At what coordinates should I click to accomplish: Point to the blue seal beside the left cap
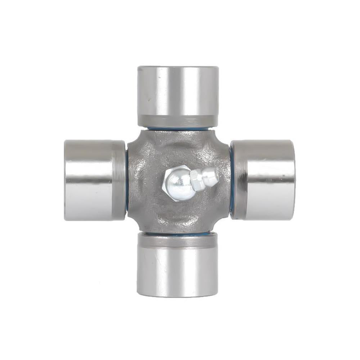point(127,180)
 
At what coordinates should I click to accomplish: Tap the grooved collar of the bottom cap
point(177,240)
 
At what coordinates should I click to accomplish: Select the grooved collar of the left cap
point(119,180)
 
